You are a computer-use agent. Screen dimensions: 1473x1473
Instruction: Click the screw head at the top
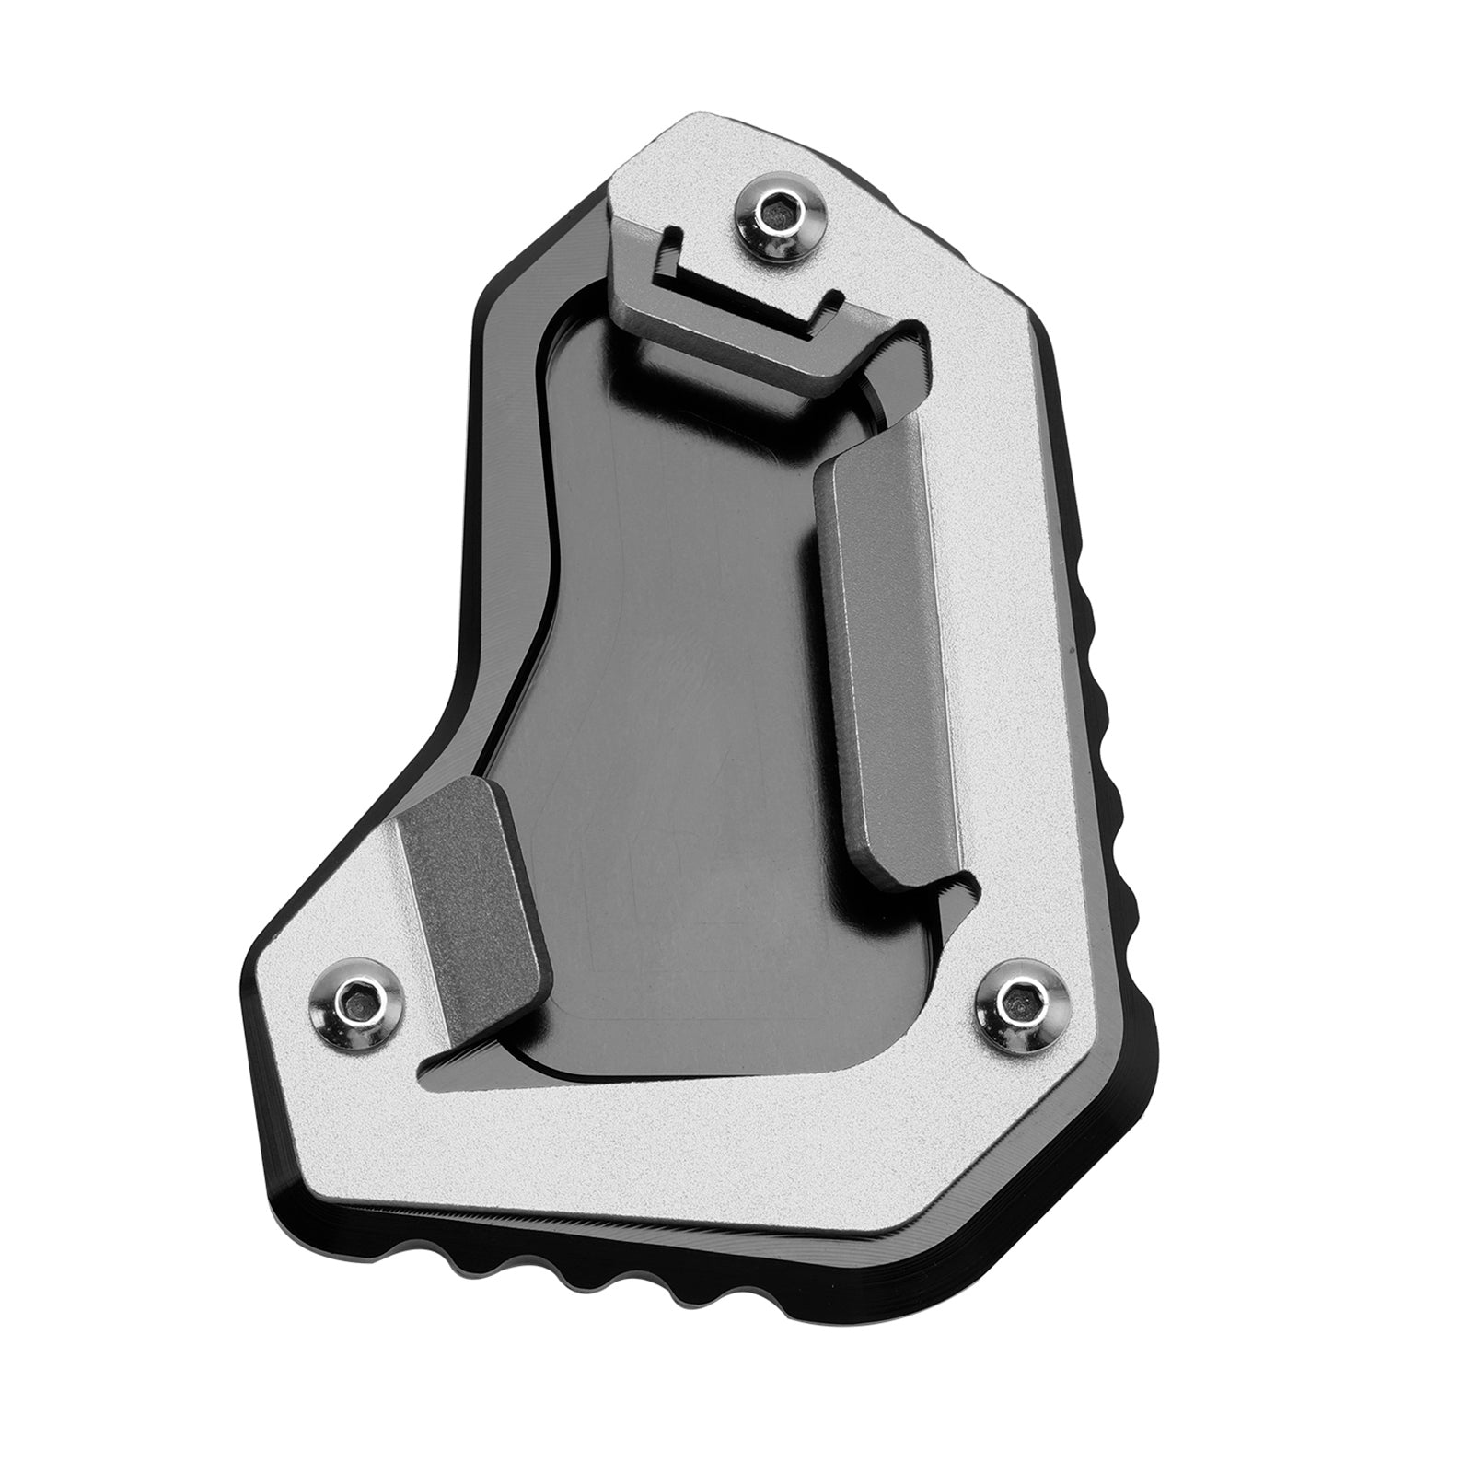pos(782,215)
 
